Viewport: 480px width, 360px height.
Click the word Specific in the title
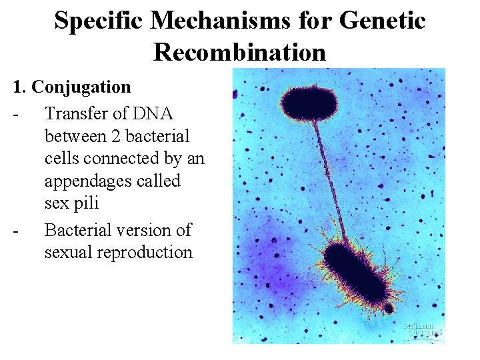(99, 21)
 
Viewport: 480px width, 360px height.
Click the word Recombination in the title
(239, 51)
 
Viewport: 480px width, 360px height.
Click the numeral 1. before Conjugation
(19, 87)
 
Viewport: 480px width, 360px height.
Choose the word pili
(83, 203)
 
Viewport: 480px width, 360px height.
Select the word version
(148, 230)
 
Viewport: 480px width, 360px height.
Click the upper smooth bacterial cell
(309, 101)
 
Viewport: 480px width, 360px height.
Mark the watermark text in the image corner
(423, 331)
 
